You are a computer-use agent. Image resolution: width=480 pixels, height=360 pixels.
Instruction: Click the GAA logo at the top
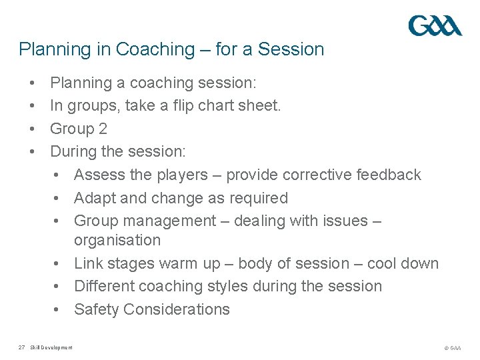coord(435,26)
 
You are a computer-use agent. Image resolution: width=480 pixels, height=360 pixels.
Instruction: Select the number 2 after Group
coord(102,129)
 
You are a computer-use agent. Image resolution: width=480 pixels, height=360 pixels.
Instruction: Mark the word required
coord(257,198)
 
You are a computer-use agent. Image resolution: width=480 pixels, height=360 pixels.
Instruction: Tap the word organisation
coord(117,240)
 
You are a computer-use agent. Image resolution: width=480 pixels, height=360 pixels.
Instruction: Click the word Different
coord(102,286)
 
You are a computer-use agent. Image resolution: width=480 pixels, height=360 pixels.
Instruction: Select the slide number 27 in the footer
coord(22,347)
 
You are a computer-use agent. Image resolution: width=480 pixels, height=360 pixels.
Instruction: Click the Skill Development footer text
coord(51,347)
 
